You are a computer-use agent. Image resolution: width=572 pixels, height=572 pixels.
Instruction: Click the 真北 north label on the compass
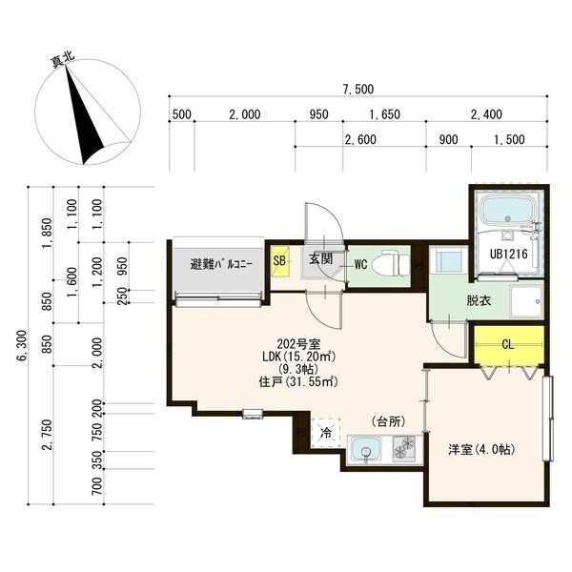(x=63, y=60)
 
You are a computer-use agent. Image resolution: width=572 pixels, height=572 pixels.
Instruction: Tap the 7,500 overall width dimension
(x=357, y=90)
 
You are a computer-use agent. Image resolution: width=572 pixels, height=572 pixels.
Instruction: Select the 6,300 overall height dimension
(x=22, y=345)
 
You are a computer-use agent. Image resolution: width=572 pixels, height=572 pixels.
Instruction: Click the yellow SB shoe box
(x=279, y=260)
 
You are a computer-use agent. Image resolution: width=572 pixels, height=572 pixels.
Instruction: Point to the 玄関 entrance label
(x=320, y=258)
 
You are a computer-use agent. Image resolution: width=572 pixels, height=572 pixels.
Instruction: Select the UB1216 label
(x=508, y=254)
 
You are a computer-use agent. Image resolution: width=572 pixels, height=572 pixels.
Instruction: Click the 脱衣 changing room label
(x=479, y=300)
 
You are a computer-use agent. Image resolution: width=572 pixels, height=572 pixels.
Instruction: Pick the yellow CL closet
(x=509, y=344)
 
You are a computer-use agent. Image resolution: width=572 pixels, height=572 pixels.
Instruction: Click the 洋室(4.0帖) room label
(x=481, y=449)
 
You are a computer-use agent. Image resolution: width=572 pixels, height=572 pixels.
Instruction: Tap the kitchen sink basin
(x=365, y=450)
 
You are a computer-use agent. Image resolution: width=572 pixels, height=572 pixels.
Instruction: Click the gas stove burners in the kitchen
(x=404, y=448)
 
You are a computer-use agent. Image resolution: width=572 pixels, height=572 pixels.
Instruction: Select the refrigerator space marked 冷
(x=326, y=433)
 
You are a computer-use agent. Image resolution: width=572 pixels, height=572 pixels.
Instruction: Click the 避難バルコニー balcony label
(x=221, y=264)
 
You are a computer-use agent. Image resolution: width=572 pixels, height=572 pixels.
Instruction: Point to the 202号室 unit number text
(x=298, y=343)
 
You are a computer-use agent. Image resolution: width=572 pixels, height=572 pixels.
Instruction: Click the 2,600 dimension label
(x=360, y=139)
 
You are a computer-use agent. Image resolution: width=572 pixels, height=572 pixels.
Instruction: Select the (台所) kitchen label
(x=389, y=421)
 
